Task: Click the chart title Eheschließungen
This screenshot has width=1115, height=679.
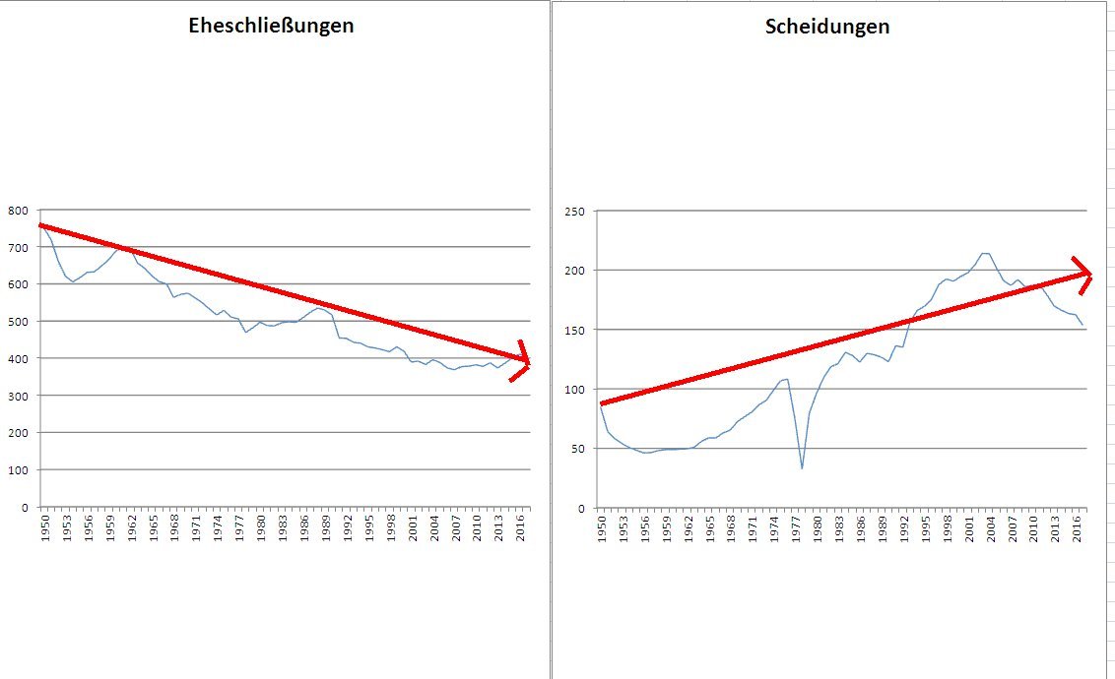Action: pyautogui.click(x=271, y=27)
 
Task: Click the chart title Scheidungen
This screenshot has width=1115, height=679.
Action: pyautogui.click(x=826, y=27)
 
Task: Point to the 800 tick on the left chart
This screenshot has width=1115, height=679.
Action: pyautogui.click(x=19, y=210)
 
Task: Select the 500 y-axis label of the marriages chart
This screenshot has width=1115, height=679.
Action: pyautogui.click(x=19, y=321)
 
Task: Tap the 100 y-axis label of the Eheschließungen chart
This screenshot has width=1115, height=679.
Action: pyautogui.click(x=19, y=469)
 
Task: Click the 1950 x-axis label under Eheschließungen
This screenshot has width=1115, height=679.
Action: pyautogui.click(x=43, y=524)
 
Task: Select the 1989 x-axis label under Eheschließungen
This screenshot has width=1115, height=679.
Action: pyautogui.click(x=326, y=524)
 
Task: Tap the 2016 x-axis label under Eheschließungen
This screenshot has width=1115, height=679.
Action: pyautogui.click(x=521, y=524)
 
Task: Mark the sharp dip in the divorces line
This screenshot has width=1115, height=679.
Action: pyautogui.click(x=802, y=467)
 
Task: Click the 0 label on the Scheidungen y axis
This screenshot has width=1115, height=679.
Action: pyautogui.click(x=580, y=508)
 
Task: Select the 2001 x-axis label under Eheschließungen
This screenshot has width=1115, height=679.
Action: pyautogui.click(x=413, y=524)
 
